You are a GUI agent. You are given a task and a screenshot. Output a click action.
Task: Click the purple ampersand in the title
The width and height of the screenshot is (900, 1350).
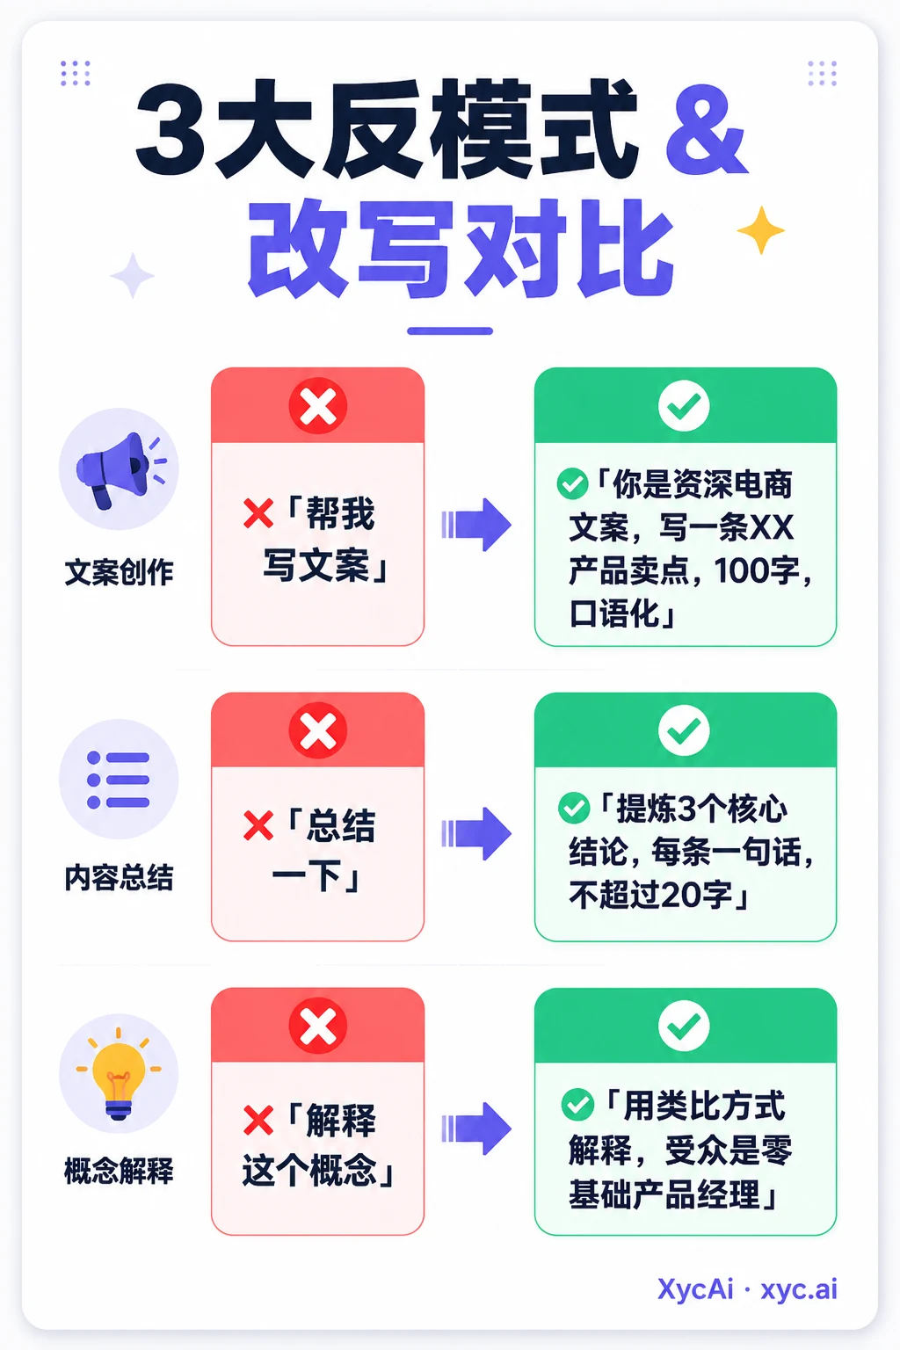[x=707, y=131]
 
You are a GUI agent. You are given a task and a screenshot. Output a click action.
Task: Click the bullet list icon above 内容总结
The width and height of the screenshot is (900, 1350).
[x=118, y=780]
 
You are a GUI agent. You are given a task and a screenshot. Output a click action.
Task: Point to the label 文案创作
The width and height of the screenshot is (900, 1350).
[x=119, y=572]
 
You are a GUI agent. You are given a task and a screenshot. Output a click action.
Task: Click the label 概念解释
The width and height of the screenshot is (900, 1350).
[x=119, y=1171]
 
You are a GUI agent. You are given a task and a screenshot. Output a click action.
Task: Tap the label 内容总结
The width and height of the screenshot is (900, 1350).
[x=119, y=877]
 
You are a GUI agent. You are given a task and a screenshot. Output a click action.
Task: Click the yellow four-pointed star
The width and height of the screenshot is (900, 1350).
[x=761, y=230]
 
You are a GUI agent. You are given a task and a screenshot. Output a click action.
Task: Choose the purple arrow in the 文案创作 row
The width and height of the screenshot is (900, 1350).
[x=476, y=525]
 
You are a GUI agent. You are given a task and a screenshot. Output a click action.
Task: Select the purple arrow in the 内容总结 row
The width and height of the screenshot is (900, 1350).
[x=476, y=833]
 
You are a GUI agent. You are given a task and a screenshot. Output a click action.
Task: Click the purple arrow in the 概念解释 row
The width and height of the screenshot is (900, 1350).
[x=476, y=1129]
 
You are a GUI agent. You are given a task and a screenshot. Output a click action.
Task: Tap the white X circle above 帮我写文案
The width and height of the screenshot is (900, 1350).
[x=317, y=405]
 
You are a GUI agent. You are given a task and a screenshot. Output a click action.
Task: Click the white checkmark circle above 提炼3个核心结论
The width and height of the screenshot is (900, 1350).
[x=684, y=730]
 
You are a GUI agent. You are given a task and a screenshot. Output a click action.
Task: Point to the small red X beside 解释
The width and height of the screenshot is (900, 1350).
[x=258, y=1121]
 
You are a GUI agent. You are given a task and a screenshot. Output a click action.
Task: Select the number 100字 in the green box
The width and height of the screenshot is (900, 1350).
[x=757, y=570]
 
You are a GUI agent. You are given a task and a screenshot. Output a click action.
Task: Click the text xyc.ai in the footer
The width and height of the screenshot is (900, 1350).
[x=799, y=1289]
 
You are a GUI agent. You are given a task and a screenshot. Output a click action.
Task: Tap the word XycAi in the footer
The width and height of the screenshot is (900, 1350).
[x=695, y=1289]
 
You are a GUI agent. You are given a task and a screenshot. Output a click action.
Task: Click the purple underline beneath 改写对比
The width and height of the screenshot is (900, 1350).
[x=450, y=330]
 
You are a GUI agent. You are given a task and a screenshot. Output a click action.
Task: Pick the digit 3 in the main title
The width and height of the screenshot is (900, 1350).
[x=170, y=129]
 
